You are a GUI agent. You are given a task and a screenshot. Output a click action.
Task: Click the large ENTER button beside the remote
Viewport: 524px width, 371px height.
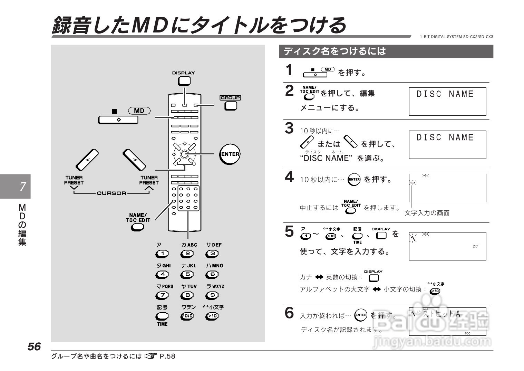tap(230, 154)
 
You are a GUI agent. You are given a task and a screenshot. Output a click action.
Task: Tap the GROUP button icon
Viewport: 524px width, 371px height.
tap(230, 106)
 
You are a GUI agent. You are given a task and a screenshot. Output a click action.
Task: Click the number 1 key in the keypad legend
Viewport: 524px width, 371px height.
tap(162, 254)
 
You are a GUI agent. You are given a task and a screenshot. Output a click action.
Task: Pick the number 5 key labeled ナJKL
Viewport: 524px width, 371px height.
tap(187, 275)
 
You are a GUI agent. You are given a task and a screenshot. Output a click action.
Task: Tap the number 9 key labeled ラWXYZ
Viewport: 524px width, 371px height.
tap(212, 295)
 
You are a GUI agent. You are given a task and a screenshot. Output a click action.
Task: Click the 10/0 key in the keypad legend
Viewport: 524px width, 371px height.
tap(187, 316)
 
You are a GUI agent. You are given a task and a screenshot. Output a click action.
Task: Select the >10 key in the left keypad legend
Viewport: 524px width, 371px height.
tap(212, 316)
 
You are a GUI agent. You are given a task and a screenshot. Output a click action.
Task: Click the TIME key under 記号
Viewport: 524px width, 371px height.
tap(162, 316)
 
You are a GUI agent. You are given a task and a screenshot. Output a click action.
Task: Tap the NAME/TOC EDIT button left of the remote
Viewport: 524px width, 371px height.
tap(137, 227)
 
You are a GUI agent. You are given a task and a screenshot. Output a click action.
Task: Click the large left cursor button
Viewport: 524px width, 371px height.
tap(87, 160)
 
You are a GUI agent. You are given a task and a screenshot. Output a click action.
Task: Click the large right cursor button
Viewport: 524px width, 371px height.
tap(134, 160)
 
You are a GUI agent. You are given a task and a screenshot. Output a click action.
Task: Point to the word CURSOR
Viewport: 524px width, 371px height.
tap(111, 193)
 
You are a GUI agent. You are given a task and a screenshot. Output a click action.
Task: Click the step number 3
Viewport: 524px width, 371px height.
tap(289, 128)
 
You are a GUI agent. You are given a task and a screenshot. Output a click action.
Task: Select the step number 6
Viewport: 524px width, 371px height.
tap(289, 313)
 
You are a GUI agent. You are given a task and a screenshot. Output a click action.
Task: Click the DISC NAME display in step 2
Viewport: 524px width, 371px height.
tap(447, 101)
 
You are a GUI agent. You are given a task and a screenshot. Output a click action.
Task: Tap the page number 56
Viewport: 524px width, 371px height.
tap(34, 346)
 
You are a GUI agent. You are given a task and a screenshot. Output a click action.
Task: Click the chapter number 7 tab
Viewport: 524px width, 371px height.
tap(23, 187)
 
